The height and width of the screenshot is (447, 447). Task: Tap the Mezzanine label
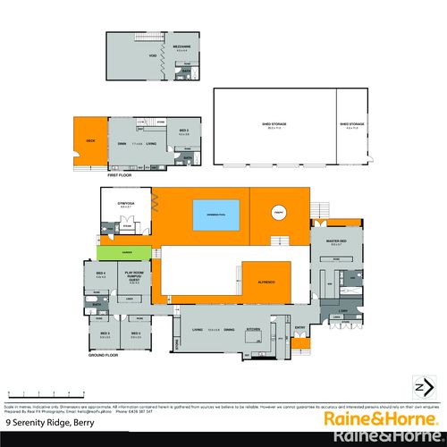tap(181, 48)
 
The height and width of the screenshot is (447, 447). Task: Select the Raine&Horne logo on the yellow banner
tap(385, 418)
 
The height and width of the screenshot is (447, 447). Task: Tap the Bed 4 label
tap(100, 274)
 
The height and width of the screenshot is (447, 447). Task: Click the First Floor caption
tap(121, 175)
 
